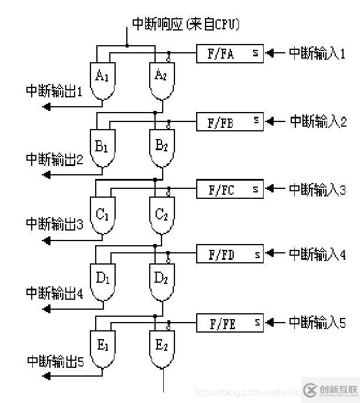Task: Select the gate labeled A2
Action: [161, 78]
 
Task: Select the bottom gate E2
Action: [161, 347]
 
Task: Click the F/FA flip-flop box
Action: [230, 54]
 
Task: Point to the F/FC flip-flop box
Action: [230, 189]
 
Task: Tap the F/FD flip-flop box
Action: [230, 255]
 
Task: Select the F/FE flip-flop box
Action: [230, 323]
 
